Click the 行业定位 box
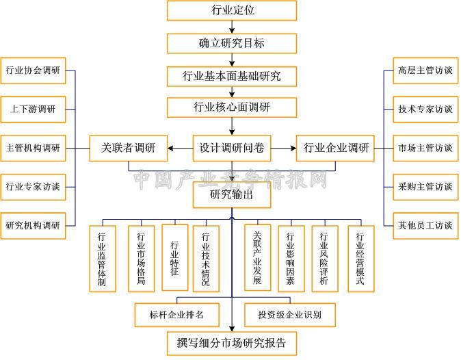[232, 10]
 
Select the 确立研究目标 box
[232, 44]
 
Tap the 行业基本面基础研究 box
[232, 77]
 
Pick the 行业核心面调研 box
[232, 107]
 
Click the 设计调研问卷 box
[232, 149]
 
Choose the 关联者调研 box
[129, 149]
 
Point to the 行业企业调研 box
[335, 149]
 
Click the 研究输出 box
[232, 194]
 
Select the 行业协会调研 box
[33, 70]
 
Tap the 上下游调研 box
[33, 110]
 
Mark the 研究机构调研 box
[33, 226]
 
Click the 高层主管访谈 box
[425, 70]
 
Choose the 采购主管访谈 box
[425, 187]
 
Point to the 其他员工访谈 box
[425, 226]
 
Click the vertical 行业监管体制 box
[103, 259]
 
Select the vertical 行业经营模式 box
[361, 259]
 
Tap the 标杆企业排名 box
[177, 315]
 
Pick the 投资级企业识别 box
[290, 315]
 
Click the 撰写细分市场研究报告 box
[232, 344]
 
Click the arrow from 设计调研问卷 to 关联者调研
[180, 149]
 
